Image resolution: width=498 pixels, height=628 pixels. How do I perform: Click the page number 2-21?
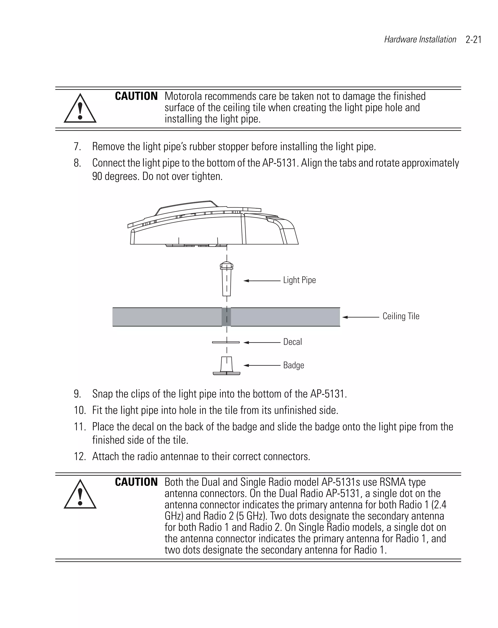click(473, 40)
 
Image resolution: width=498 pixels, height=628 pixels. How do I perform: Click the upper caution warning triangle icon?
click(80, 108)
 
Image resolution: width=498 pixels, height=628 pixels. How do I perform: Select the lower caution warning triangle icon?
click(80, 494)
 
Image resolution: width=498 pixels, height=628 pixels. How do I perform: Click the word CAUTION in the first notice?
click(136, 96)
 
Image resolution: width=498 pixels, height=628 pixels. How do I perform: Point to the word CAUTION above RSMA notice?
click(136, 482)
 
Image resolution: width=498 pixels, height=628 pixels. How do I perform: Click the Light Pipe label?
click(299, 280)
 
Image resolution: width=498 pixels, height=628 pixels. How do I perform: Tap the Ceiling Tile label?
click(400, 316)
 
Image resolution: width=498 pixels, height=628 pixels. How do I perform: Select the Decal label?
click(292, 342)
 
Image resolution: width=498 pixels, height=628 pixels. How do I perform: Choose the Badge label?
click(293, 365)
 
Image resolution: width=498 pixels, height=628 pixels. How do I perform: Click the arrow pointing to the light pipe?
click(262, 281)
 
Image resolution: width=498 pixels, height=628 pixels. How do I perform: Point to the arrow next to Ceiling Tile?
click(361, 317)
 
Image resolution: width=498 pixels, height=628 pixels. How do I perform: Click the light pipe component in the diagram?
click(227, 280)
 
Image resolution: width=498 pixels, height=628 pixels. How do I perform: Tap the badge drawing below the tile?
click(227, 366)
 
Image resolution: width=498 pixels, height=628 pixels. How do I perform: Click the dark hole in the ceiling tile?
click(226, 317)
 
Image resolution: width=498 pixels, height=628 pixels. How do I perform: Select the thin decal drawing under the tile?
click(226, 342)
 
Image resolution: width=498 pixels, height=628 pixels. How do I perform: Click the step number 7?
click(77, 147)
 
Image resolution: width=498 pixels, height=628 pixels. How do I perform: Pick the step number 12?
click(80, 456)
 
